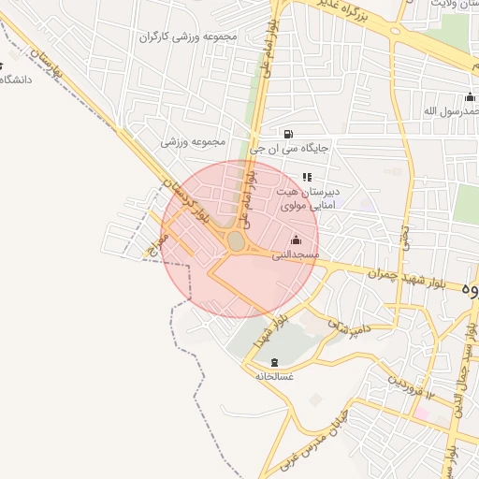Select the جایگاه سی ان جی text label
(x=289, y=148)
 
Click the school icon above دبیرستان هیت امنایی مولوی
(x=306, y=177)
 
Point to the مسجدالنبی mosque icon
(x=297, y=239)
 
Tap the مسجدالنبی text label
(x=296, y=254)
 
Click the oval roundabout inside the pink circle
(x=236, y=242)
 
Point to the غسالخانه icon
(x=274, y=362)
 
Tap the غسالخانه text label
(x=274, y=376)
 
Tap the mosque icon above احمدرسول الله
(x=470, y=97)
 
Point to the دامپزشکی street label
(x=348, y=327)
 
